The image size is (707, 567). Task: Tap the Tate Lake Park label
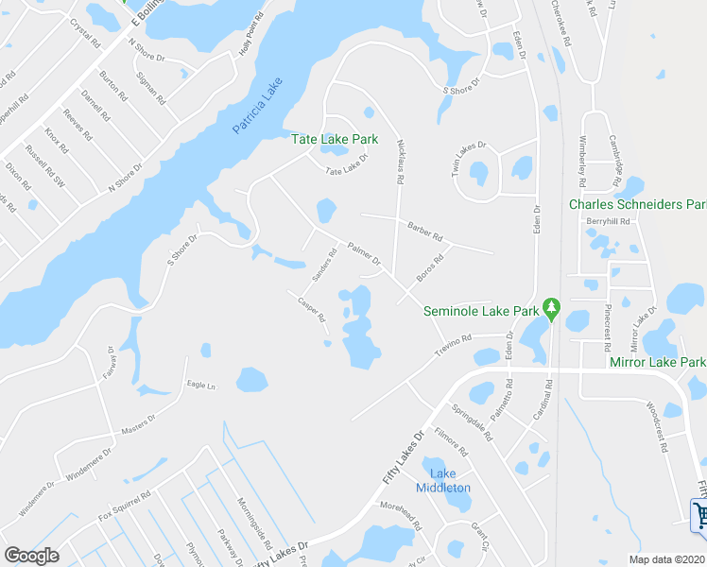pos(334,139)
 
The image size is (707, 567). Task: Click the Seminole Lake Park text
pos(481,310)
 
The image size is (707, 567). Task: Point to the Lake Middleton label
pos(443,481)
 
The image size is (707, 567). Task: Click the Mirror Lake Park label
pos(658,362)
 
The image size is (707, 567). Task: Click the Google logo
pos(31,556)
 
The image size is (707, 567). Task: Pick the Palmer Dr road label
pos(364,253)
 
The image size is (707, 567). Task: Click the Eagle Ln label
pos(201,386)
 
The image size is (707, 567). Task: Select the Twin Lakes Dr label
pos(468,146)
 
